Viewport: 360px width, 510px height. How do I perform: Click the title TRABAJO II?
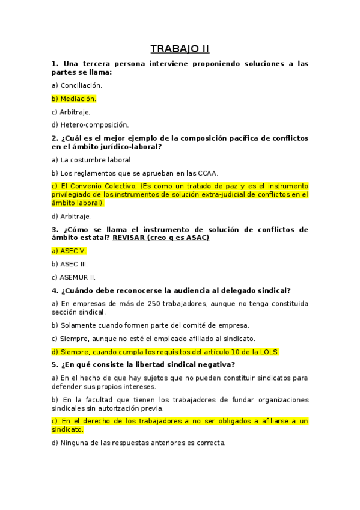[180, 49]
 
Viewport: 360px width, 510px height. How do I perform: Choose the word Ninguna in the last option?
[75, 443]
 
